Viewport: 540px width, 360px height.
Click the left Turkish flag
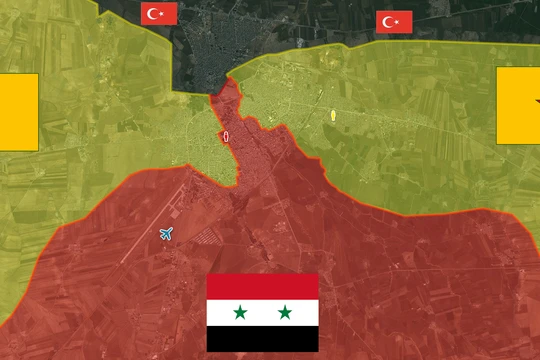point(160,13)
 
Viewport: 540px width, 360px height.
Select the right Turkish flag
point(394,22)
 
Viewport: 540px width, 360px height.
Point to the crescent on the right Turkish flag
point(390,22)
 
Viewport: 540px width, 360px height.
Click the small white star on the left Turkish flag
point(164,13)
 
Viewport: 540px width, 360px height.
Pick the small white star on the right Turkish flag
point(398,22)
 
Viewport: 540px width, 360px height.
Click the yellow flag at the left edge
point(18,111)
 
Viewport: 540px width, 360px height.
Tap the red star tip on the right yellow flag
point(537,101)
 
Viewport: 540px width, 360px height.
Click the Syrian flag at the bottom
point(263,312)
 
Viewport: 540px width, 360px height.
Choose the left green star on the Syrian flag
point(240,313)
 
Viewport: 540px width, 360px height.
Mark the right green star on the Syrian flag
point(285,313)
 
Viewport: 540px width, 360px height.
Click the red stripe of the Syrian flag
point(263,286)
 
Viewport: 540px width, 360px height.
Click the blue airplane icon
point(166,234)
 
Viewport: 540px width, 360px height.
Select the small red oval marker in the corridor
point(226,136)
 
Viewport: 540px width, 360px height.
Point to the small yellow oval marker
point(331,115)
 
